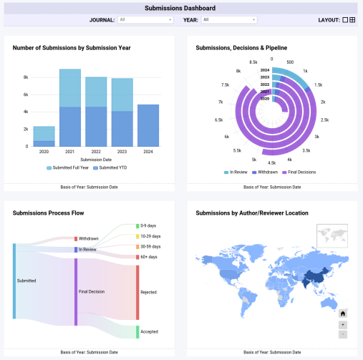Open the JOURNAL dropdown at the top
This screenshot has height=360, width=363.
click(145, 20)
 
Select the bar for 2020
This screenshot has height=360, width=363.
click(44, 136)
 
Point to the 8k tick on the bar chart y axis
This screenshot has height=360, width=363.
click(26, 77)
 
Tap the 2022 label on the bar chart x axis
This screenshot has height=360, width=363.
click(95, 152)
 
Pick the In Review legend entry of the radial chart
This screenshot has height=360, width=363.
click(237, 172)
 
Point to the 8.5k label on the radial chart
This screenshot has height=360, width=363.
click(253, 62)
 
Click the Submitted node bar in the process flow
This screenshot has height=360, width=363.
click(14, 281)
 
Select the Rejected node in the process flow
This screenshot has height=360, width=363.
click(137, 292)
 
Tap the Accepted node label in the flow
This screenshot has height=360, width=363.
click(149, 332)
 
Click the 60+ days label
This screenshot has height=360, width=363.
click(148, 256)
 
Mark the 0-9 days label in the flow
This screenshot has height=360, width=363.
click(148, 226)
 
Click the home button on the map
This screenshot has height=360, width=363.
click(343, 313)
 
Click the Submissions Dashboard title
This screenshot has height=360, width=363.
click(180, 8)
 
